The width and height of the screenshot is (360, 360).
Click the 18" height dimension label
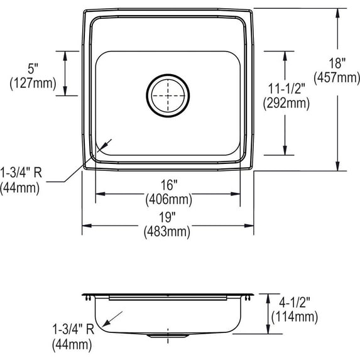(x=337, y=63)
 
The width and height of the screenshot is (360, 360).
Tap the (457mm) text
(x=337, y=78)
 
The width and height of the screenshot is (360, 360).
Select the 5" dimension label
(x=33, y=68)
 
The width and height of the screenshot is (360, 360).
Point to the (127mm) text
(x=33, y=83)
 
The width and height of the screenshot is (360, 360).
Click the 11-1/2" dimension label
(x=286, y=88)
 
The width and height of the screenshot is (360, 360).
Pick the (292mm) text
(x=286, y=103)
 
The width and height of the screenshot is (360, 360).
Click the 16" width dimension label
(x=169, y=185)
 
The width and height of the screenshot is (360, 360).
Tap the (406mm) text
(x=169, y=200)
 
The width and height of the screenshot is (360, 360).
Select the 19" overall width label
(x=167, y=217)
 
